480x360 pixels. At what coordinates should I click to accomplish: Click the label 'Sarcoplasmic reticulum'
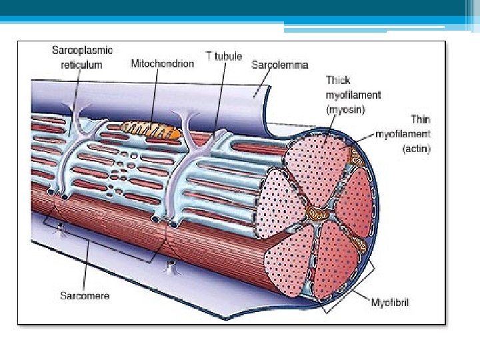(x=83, y=57)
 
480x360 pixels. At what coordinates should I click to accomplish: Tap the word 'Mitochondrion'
(x=162, y=64)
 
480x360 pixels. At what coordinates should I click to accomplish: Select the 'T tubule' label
(x=224, y=56)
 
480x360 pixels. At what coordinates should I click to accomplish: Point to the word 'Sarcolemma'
(x=279, y=65)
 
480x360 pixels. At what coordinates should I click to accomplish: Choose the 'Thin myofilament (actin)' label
(x=403, y=135)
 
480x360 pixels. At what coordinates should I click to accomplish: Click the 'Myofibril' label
(x=391, y=302)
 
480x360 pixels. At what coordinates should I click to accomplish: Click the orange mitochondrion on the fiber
(x=151, y=128)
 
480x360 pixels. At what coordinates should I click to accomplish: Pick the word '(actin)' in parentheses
(x=417, y=149)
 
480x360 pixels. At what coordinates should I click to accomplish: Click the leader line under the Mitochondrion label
(x=156, y=93)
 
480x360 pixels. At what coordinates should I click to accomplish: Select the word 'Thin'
(x=420, y=120)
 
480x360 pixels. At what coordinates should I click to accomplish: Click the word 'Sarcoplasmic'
(x=83, y=50)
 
